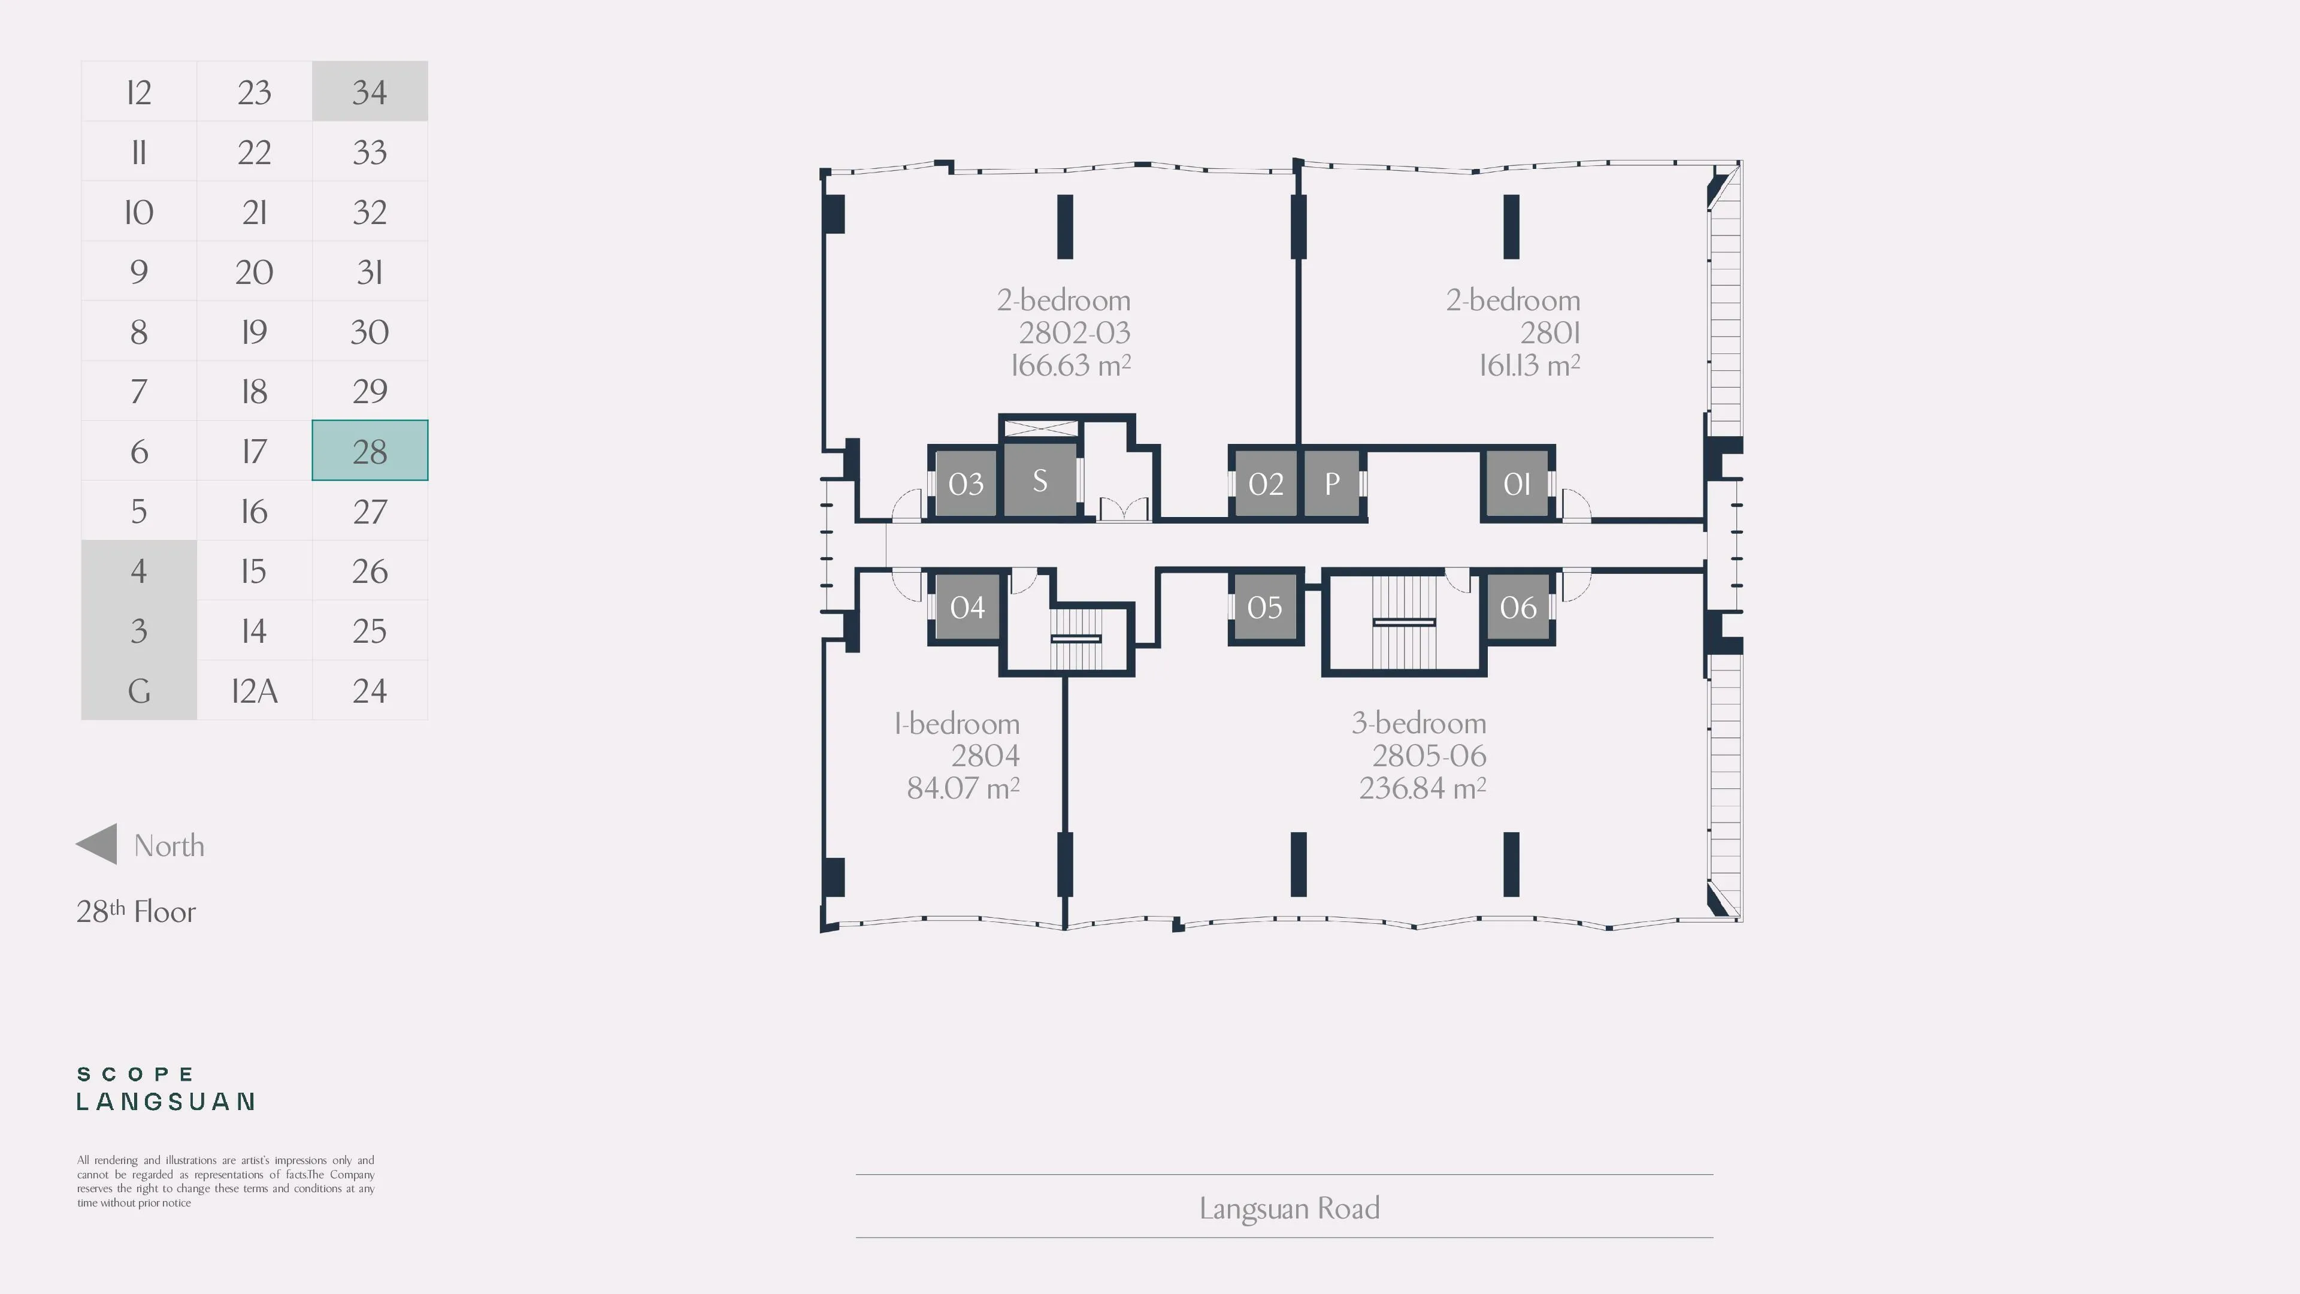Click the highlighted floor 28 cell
coord(370,450)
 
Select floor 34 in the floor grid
coord(370,91)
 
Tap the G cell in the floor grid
coord(138,690)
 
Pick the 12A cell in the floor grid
coord(255,690)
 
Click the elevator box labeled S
coord(1040,480)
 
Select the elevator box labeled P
coord(1332,483)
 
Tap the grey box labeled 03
coord(965,483)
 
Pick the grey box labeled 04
coord(967,606)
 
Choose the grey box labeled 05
coord(1264,606)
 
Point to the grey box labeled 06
coord(1518,606)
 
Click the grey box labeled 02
coord(1265,483)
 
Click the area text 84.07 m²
coord(963,788)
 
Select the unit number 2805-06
coord(1429,755)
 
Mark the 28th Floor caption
coord(136,911)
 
